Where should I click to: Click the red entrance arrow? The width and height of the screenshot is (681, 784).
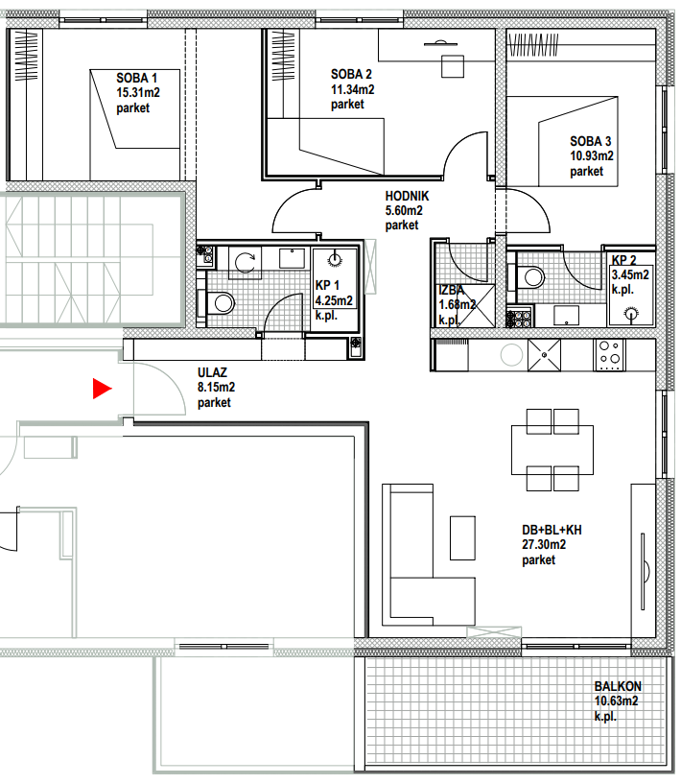102,389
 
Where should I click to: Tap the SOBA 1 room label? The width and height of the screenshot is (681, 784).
136,78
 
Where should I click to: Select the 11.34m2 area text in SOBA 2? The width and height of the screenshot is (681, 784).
352,89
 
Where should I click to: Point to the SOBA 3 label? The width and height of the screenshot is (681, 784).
591,141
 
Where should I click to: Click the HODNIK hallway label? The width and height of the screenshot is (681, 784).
407,196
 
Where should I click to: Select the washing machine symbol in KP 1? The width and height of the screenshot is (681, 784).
245,263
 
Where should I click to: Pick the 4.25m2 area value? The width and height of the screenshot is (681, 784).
334,300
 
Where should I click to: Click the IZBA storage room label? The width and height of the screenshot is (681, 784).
451,290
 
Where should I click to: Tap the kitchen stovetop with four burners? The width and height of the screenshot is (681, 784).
610,355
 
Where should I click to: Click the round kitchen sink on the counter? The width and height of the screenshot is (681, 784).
511,355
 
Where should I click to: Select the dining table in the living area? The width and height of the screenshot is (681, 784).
552,449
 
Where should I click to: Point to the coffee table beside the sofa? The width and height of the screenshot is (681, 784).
462,538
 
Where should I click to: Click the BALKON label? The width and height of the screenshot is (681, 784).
618,686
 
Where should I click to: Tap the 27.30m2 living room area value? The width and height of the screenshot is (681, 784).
544,544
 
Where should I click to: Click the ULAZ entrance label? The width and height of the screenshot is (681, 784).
212,372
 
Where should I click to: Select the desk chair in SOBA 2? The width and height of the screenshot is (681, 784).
453,66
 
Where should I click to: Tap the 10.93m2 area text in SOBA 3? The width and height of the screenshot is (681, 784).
592,156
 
